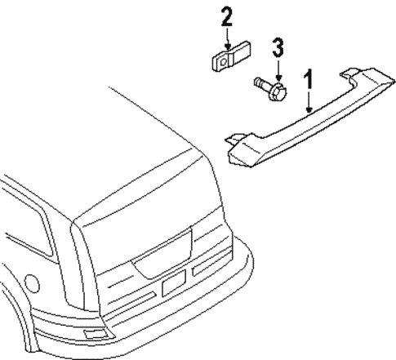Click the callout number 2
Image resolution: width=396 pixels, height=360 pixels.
click(x=226, y=16)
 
